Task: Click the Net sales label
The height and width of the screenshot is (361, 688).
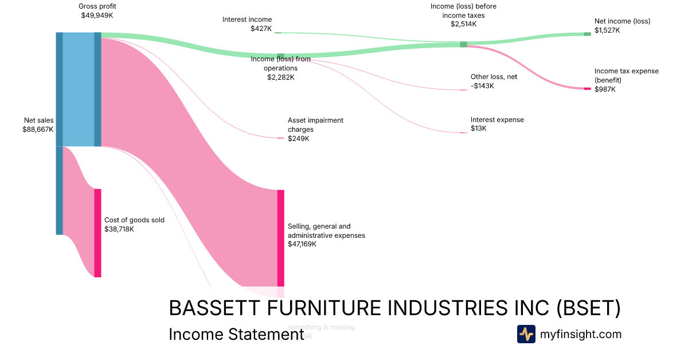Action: pos(38,120)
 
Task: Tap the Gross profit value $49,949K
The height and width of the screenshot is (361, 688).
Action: pos(97,15)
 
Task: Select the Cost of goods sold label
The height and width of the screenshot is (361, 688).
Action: pos(134,219)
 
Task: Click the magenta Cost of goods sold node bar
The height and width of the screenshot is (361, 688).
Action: pos(97,233)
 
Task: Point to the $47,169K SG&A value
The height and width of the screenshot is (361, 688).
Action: pos(302,244)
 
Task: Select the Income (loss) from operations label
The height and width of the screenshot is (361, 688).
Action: pos(280,64)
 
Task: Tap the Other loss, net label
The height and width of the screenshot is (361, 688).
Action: pos(494,77)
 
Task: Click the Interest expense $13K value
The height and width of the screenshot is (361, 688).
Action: pos(479,129)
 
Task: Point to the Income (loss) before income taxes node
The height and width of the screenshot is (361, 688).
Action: pos(463,44)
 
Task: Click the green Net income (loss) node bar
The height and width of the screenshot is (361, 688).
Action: pos(587,34)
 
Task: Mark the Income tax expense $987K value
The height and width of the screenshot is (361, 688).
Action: pos(605,89)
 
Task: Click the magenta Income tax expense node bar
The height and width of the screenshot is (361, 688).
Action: pos(587,88)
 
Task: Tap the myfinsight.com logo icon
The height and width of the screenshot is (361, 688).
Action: pos(526,334)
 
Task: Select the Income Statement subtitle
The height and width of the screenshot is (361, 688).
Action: pos(236,335)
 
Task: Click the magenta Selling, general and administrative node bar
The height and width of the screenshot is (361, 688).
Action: pos(280,238)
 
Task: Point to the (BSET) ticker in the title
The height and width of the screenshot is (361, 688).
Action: pos(589,308)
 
